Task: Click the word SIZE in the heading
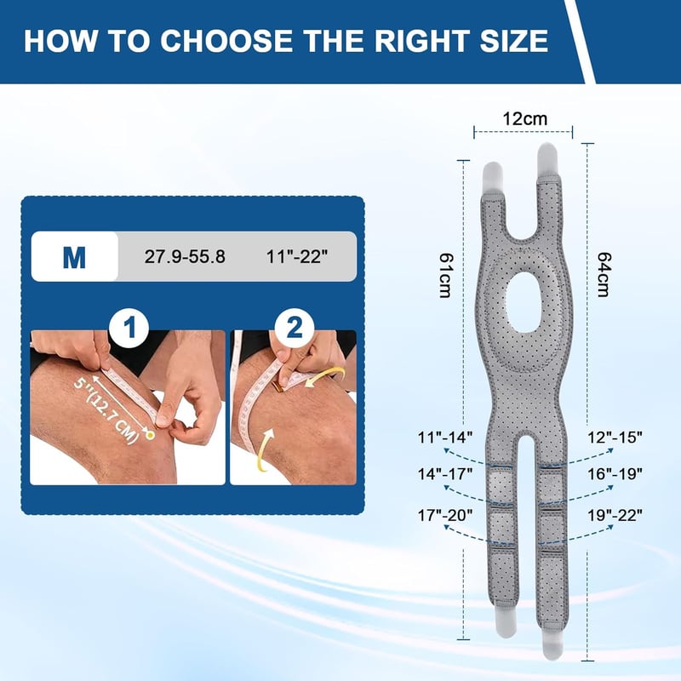514,41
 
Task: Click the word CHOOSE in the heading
226,41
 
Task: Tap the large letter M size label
74,257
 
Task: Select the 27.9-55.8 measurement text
185,257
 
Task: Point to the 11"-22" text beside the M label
296,257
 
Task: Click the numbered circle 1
129,328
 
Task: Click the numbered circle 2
294,328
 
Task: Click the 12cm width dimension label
524,118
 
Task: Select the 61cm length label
445,275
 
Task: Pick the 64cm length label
604,274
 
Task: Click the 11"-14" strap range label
444,437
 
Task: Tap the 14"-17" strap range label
444,474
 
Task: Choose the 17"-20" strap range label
444,516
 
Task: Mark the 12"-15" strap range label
615,437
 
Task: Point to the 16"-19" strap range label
615,474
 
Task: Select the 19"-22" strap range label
615,516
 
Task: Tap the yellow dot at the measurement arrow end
151,434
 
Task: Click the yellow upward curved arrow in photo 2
264,449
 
